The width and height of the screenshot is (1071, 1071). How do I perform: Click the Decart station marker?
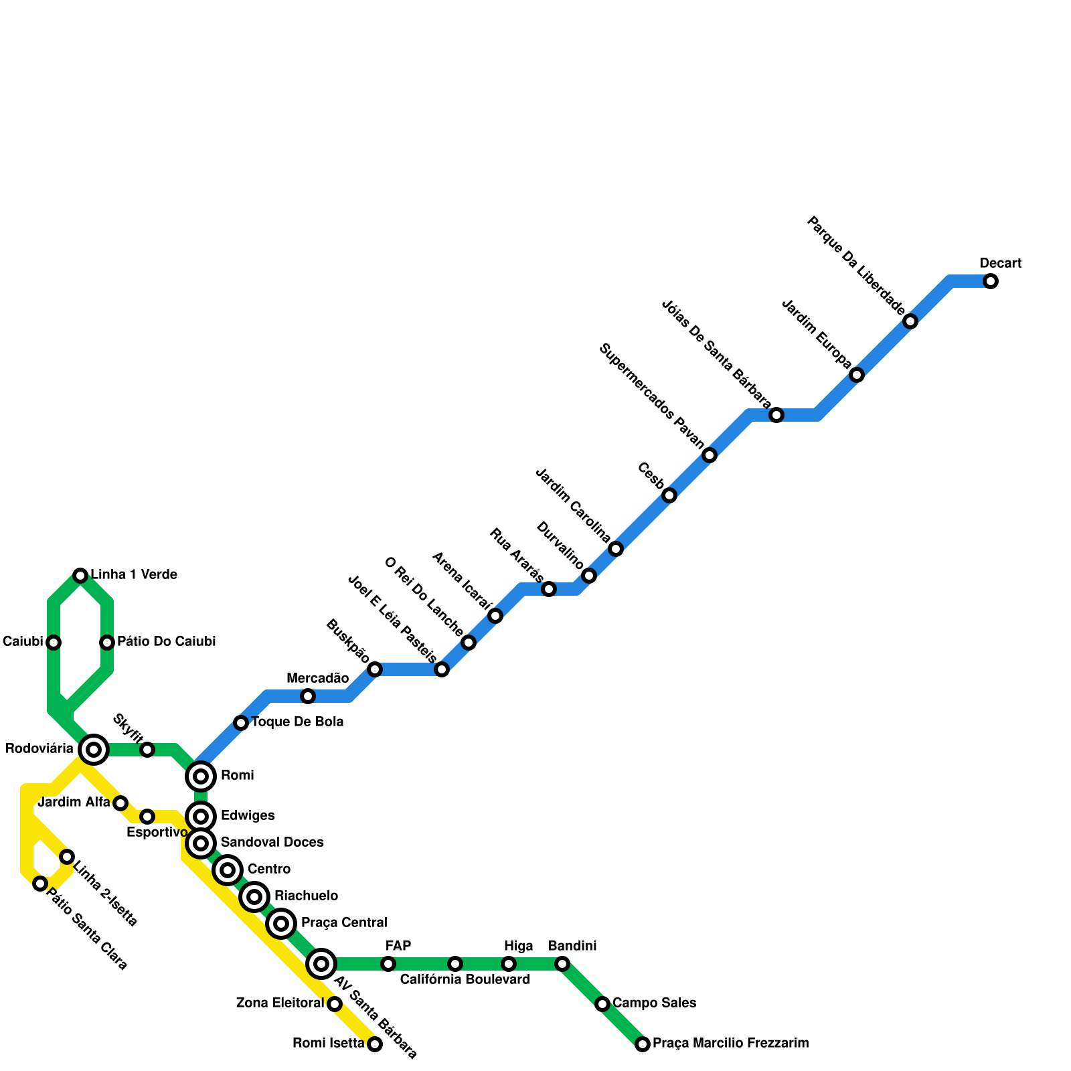pos(991,281)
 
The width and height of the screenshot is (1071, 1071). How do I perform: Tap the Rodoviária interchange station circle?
pos(94,749)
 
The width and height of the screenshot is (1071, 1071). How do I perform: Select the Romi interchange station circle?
pos(201,776)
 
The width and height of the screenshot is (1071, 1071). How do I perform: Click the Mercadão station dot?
pos(308,696)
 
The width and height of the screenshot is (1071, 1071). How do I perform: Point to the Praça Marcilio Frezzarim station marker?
pos(643,1044)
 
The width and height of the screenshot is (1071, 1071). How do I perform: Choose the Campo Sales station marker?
pos(602,1004)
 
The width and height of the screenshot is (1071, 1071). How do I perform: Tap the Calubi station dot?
pos(54,643)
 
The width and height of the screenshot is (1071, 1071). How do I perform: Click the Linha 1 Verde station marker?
pos(80,576)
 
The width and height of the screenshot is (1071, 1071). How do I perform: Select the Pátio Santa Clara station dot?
pos(40,884)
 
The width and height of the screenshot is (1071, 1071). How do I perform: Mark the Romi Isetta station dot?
pos(375,1044)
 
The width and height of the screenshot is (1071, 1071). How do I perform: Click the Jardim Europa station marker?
pos(857,375)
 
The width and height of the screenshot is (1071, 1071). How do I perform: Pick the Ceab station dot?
pos(669,495)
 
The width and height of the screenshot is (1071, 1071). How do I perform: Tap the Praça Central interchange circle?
pos(281,924)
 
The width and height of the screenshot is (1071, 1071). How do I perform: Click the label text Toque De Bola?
pos(297,722)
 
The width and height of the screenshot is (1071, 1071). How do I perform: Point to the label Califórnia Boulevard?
pos(465,980)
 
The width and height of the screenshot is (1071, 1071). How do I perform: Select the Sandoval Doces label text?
pos(272,842)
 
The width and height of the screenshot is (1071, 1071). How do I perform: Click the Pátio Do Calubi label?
pos(166,642)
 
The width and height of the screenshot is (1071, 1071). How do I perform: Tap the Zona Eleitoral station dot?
pos(335,1004)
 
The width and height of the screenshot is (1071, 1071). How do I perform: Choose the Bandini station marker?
pos(562,964)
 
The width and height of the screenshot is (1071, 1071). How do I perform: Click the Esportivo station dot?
pos(147,817)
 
